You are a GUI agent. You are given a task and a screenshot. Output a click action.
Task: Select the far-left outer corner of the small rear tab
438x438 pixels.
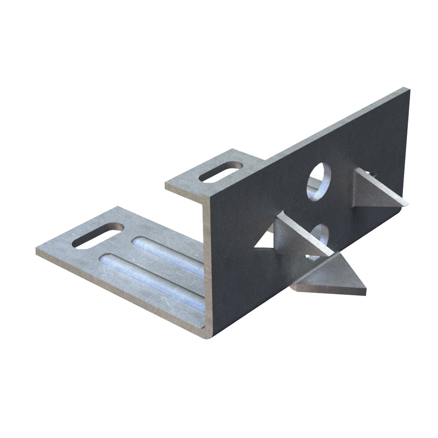[166, 184]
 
